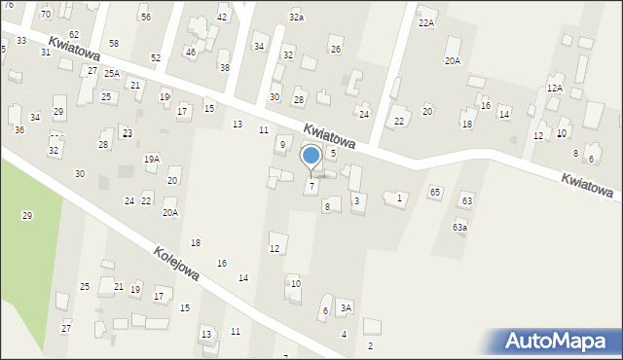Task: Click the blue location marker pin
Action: click(x=311, y=157)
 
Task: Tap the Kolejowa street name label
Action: click(x=176, y=264)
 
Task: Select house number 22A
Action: click(x=426, y=22)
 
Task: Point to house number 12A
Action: click(x=554, y=88)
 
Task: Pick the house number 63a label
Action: click(x=459, y=227)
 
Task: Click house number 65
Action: click(x=435, y=193)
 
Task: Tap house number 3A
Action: click(x=346, y=307)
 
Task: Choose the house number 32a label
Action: click(x=296, y=18)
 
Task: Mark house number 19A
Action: click(x=151, y=159)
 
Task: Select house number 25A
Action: click(x=112, y=73)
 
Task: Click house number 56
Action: click(x=145, y=18)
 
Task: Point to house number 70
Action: click(x=46, y=15)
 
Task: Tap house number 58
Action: click(x=114, y=44)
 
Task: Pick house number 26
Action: click(x=336, y=50)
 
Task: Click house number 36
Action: click(x=19, y=129)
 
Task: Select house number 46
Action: click(x=190, y=52)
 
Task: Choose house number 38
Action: click(x=224, y=67)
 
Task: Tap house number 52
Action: click(x=156, y=58)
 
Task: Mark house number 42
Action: click(x=222, y=18)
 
